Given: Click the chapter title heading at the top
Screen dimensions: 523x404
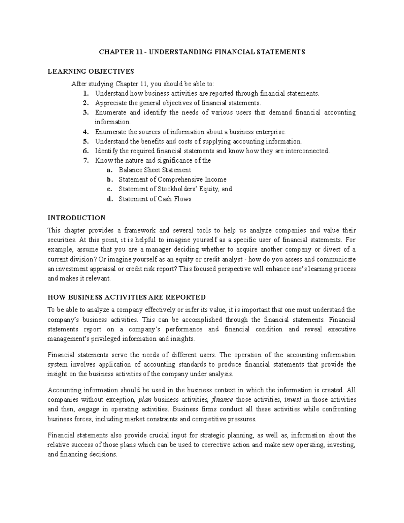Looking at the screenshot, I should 202,52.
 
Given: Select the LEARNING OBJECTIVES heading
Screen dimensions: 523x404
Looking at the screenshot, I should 91,71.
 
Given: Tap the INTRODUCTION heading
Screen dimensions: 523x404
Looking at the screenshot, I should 76,218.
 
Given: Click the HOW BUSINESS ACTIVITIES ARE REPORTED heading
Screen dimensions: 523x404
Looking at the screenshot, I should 127,297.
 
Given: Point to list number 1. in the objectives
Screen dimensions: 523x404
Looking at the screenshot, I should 86,94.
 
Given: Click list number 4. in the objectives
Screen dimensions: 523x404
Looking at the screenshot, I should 86,132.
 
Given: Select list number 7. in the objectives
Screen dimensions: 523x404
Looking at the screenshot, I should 86,161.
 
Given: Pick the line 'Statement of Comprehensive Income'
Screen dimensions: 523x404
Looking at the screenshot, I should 172,179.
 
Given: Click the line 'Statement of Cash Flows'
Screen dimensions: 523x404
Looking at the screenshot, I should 155,199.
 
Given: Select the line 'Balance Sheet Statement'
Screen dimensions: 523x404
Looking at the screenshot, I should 155,170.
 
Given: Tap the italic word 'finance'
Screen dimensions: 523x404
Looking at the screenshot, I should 222,400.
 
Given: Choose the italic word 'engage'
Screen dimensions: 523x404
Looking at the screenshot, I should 89,410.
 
